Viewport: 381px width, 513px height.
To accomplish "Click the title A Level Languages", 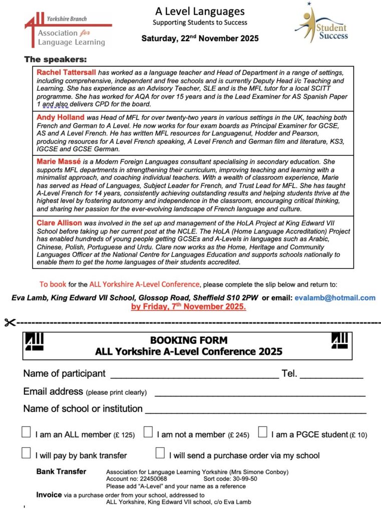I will tap(199, 11).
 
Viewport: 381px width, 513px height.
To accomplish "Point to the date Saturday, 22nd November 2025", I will tap(200, 38).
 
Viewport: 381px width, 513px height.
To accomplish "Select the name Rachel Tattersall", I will tap(67, 73).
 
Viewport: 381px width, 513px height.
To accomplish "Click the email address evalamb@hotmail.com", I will tap(335, 298).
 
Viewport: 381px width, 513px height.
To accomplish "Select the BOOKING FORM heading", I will tap(188, 340).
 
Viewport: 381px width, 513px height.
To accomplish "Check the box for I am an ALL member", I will tap(27, 432).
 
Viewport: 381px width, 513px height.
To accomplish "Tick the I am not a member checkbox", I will tap(148, 432).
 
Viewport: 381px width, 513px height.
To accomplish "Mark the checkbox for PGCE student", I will tap(263, 432).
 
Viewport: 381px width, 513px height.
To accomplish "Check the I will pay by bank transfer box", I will tap(27, 453).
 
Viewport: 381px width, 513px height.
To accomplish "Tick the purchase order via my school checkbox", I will tap(160, 453).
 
